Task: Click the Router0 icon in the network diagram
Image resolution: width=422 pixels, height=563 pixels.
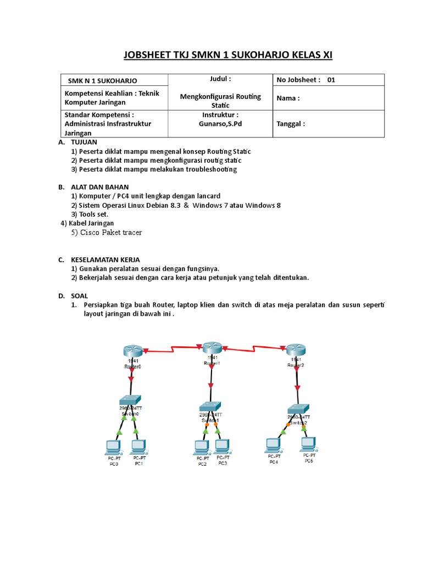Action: [x=132, y=350]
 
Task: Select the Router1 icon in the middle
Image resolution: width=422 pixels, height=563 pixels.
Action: [x=212, y=347]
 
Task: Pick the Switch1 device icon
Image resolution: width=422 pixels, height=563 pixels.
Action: [x=209, y=406]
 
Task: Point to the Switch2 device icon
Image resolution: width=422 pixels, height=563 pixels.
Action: [x=298, y=409]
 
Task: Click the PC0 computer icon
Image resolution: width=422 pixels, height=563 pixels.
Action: [x=114, y=446]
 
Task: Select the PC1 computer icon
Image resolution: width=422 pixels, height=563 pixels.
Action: [x=138, y=446]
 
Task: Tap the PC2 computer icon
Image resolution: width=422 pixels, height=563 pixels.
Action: [x=202, y=446]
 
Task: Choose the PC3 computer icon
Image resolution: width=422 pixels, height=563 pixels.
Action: [x=222, y=445]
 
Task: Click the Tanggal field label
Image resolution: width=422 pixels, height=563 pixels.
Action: [x=290, y=124]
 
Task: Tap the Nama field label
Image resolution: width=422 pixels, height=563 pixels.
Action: [x=288, y=98]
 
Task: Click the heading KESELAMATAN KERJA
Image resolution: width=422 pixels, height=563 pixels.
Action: [x=105, y=260]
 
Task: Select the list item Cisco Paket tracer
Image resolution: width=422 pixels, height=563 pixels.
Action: [x=107, y=233]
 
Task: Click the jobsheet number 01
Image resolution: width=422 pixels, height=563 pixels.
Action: [x=331, y=80]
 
